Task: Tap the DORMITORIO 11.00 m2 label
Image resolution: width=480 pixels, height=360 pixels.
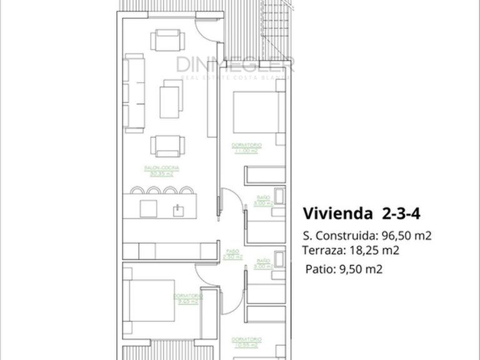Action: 246,148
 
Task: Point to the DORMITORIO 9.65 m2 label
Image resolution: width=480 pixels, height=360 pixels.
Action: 187,299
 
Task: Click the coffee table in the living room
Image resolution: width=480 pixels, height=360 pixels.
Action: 169,98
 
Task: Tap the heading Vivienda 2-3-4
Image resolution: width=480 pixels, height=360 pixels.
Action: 362,213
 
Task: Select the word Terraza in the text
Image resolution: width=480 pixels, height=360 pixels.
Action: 321,251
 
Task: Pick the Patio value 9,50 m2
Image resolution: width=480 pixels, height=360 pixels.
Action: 361,269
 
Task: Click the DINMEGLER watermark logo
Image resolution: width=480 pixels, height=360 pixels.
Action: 234,65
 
